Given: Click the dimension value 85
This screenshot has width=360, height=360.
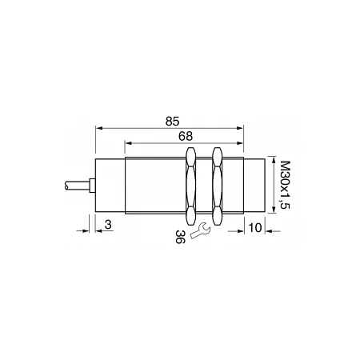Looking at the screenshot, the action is [172, 122].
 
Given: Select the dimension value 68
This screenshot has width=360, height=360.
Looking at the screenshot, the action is [186, 136].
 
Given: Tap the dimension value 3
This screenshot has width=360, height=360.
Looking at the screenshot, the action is [108, 225].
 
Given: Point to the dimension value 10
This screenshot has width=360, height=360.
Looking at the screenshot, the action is [255, 228].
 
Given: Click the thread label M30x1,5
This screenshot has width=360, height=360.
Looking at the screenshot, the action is [286, 185].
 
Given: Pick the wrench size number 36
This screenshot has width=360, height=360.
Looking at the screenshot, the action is [180, 237].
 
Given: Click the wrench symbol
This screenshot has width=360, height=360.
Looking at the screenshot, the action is [200, 230].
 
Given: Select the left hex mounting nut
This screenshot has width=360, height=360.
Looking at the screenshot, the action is [190, 186].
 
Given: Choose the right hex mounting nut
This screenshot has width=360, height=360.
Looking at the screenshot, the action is [218, 186].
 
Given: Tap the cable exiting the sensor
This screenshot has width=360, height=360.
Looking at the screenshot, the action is [77, 186].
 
